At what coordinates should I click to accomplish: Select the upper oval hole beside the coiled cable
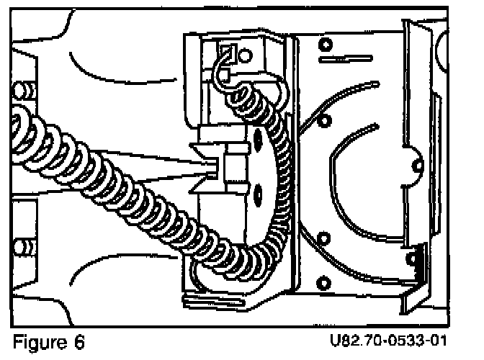[258, 138]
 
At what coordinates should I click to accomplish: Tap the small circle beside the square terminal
[246, 54]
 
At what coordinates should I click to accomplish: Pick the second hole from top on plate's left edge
[322, 118]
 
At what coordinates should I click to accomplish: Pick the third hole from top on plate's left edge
[323, 238]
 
